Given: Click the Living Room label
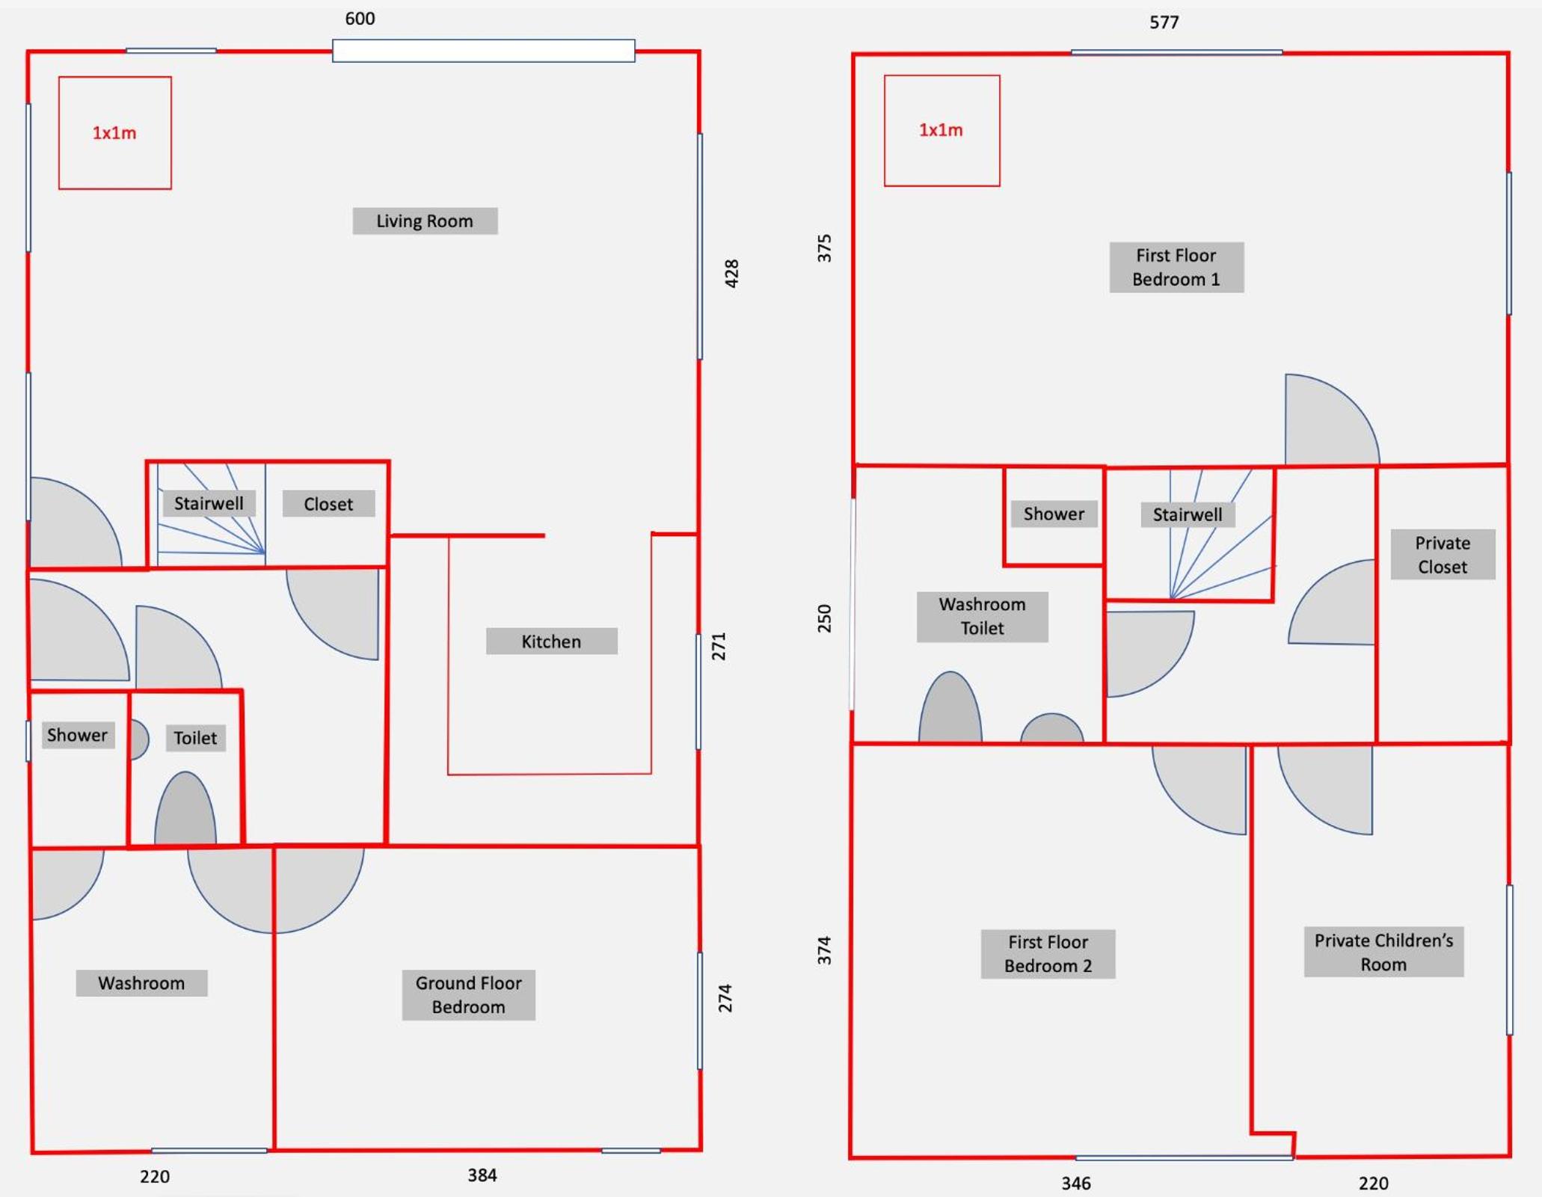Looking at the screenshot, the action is pyautogui.click(x=425, y=221).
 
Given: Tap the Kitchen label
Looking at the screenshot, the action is pyautogui.click(x=551, y=641).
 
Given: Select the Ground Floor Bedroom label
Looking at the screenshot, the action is pyautogui.click(x=468, y=995).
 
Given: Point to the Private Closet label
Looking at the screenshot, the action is pyautogui.click(x=1443, y=555).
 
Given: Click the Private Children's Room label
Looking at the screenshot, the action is pyautogui.click(x=1383, y=952).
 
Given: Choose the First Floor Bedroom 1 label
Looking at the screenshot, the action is pyautogui.click(x=1176, y=267).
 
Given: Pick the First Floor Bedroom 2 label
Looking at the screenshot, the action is pyautogui.click(x=1048, y=954).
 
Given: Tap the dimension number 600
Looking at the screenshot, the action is pyautogui.click(x=360, y=19).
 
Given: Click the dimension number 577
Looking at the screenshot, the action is pyautogui.click(x=1164, y=22).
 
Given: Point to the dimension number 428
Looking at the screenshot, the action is pyautogui.click(x=731, y=274).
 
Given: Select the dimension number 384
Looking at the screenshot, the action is pyautogui.click(x=482, y=1175).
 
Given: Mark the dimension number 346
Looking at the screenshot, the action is pyautogui.click(x=1076, y=1184).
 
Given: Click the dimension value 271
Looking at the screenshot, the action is pyautogui.click(x=718, y=647).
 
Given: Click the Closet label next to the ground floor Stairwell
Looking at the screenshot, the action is pyautogui.click(x=328, y=504).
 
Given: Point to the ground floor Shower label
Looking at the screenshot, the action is pyautogui.click(x=77, y=735).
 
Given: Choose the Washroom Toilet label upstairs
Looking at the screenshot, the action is pyautogui.click(x=982, y=617).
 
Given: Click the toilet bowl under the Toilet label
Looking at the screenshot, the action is pyautogui.click(x=185, y=809).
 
